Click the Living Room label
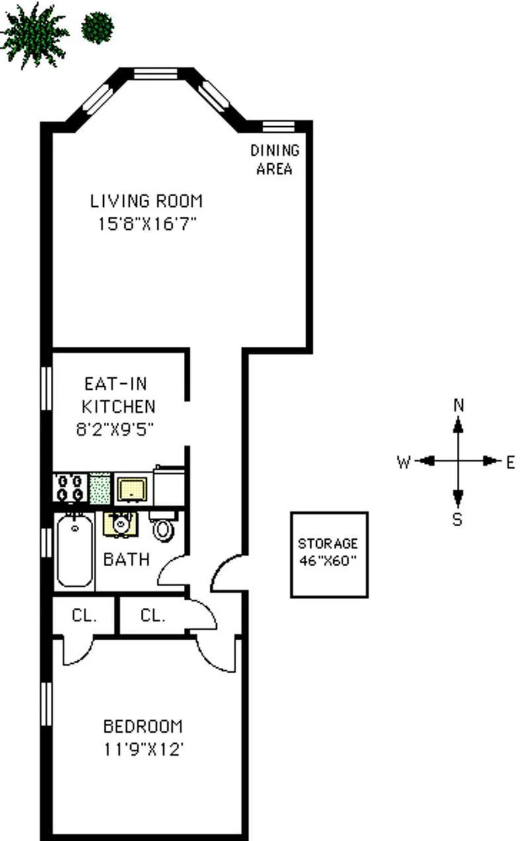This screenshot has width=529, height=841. (x=146, y=201)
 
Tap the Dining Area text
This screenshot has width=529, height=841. (x=274, y=159)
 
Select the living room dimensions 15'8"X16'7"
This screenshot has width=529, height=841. (x=146, y=224)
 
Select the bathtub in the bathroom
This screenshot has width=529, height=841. (x=75, y=550)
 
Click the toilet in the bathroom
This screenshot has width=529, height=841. (x=163, y=526)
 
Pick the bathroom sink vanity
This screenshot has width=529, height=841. (x=121, y=524)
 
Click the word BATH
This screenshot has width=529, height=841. (x=126, y=560)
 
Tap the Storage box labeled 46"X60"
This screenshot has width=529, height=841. (x=329, y=554)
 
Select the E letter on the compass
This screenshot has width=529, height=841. (x=510, y=462)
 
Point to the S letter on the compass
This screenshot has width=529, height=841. (x=458, y=520)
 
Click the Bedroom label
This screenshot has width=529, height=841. (x=142, y=727)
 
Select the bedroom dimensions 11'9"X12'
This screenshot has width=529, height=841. (x=142, y=750)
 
